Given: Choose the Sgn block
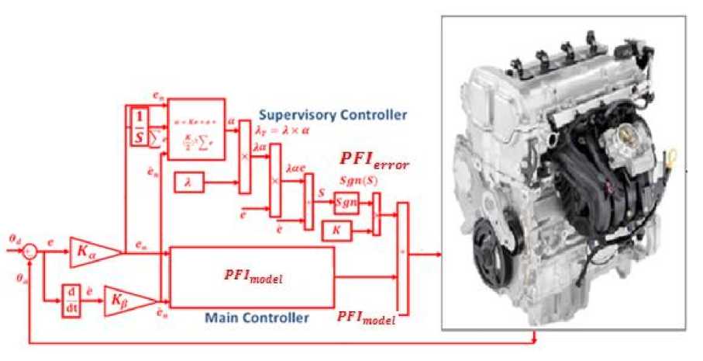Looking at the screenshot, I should point(347,203).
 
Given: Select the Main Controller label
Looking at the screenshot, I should point(257,318).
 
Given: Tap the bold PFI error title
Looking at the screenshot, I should point(374,161).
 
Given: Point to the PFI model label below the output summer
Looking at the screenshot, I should point(367,318).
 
